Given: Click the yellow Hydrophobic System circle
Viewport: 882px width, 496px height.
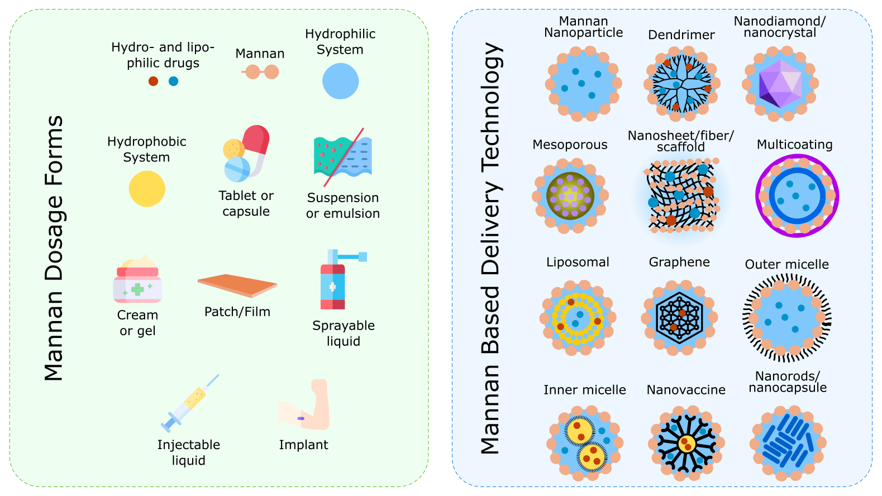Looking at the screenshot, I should click(147, 189).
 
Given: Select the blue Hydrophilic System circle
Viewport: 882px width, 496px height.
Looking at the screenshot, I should click(340, 81).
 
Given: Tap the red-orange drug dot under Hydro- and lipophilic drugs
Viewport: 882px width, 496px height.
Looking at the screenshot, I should click(153, 81).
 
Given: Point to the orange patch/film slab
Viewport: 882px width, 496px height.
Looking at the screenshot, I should click(237, 285).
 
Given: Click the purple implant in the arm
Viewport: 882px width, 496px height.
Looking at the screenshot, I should click(301, 418).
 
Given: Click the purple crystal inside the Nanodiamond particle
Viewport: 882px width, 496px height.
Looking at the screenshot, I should click(780, 84).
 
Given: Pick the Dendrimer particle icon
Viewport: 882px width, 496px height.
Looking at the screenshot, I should click(681, 84).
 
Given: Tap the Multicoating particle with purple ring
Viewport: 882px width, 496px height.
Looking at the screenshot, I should click(797, 196).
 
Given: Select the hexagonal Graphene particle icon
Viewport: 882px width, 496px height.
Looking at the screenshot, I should click(679, 318).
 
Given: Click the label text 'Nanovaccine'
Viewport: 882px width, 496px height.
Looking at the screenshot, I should click(686, 390).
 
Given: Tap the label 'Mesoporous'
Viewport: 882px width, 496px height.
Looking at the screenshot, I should click(570, 145).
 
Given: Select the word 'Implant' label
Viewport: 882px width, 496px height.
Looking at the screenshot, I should click(303, 445).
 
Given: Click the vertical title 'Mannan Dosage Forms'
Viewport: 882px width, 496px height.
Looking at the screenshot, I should click(54, 248).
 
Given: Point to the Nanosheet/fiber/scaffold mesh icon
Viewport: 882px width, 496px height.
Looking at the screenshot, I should click(681, 195).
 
